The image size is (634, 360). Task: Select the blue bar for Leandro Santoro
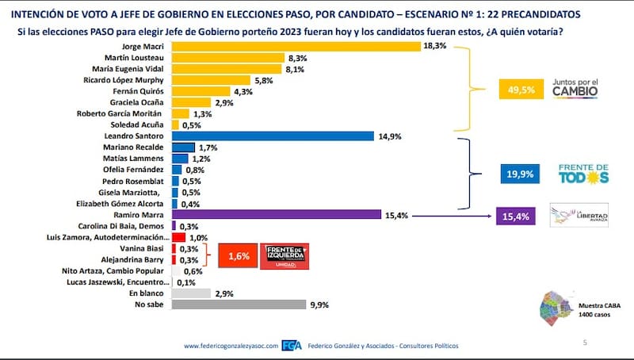click(x=273, y=136)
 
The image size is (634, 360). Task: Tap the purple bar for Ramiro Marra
click(x=276, y=214)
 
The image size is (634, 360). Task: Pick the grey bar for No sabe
click(x=239, y=304)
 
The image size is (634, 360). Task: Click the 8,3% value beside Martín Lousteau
click(x=298, y=58)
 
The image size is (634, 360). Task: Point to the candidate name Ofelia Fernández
click(x=136, y=170)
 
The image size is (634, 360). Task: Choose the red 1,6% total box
click(x=234, y=255)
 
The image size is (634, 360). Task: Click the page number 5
click(x=583, y=343)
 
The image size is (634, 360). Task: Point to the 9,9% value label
click(x=320, y=304)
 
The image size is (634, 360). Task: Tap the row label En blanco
click(x=151, y=293)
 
